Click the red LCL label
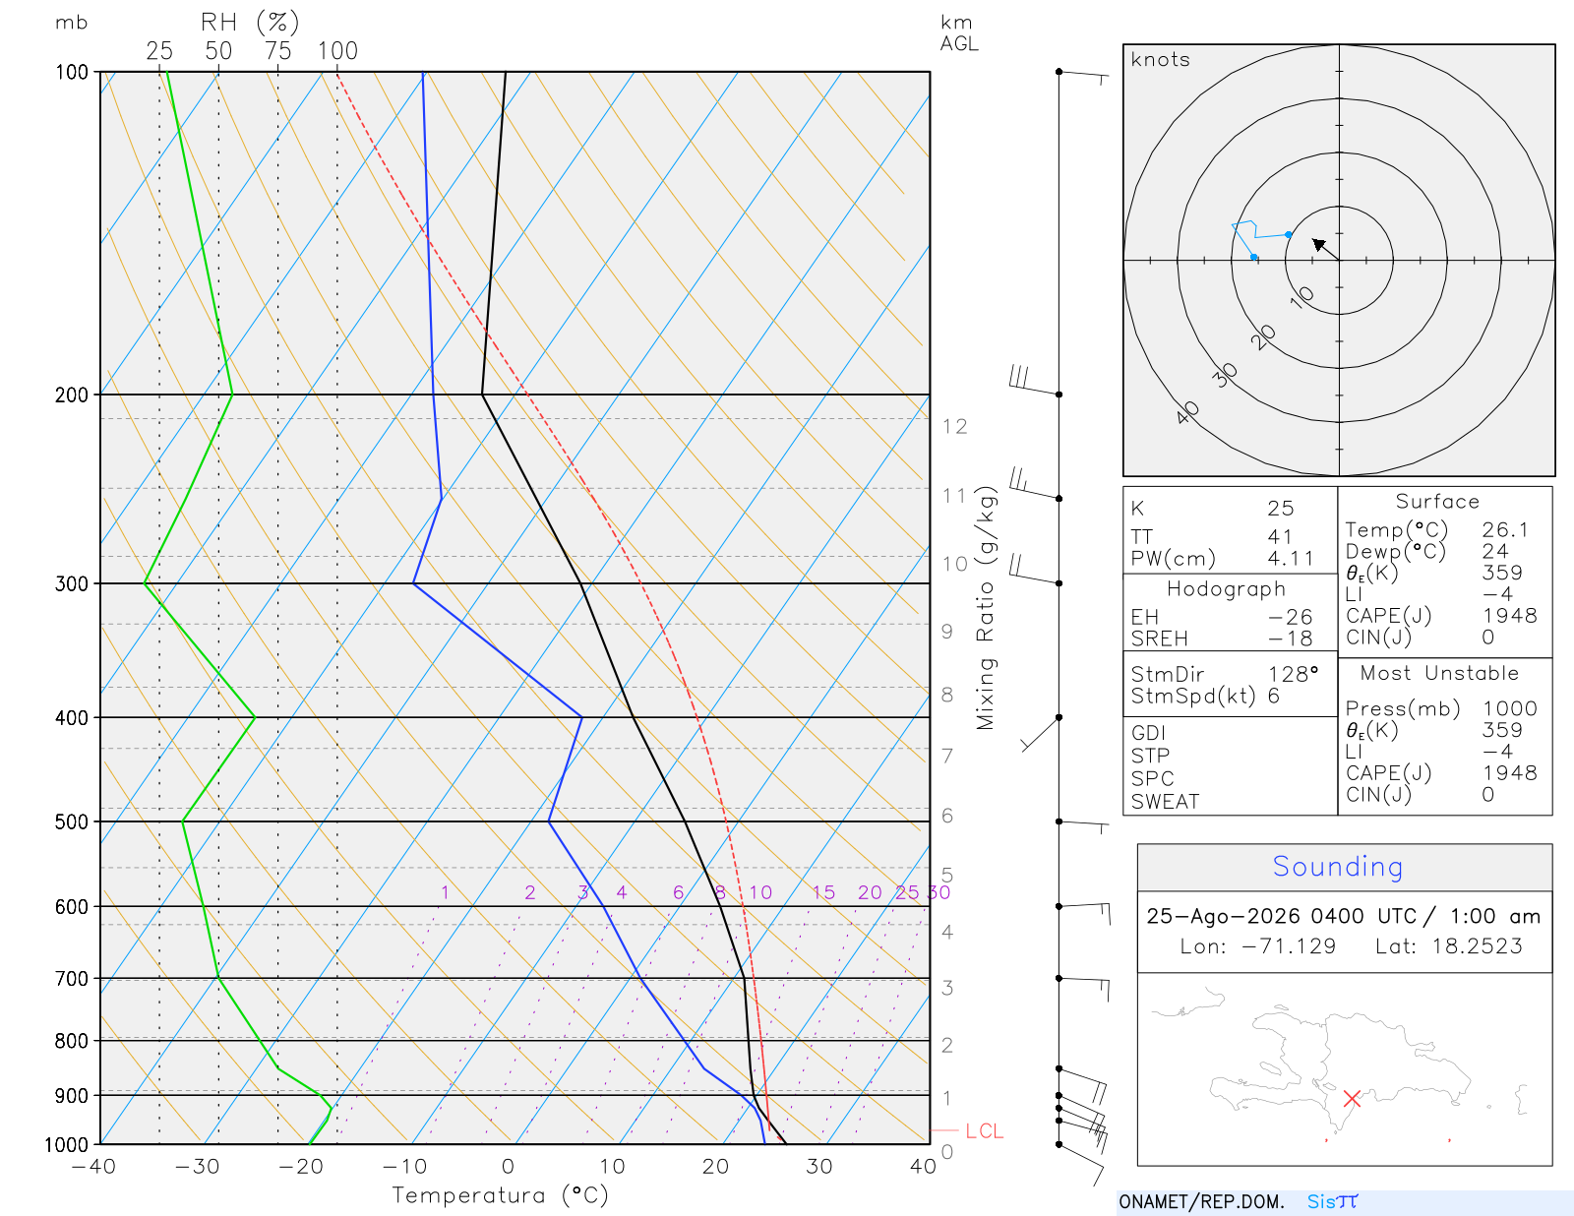(984, 1130)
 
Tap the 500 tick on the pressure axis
(71, 822)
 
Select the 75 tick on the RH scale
(277, 51)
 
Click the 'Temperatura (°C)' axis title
(500, 1195)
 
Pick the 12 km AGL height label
(954, 427)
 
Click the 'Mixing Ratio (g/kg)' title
(986, 608)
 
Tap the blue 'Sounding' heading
(1337, 866)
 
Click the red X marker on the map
(1352, 1099)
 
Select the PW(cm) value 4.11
(1290, 559)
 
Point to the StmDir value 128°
(1293, 674)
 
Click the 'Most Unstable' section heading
(1438, 673)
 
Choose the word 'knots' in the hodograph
(1161, 59)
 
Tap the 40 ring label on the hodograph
(1187, 413)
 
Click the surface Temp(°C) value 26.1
(1504, 529)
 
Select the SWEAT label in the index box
(1165, 802)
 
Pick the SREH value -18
(1290, 638)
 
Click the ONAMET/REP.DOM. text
(1201, 1201)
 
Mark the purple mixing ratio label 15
(823, 892)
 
